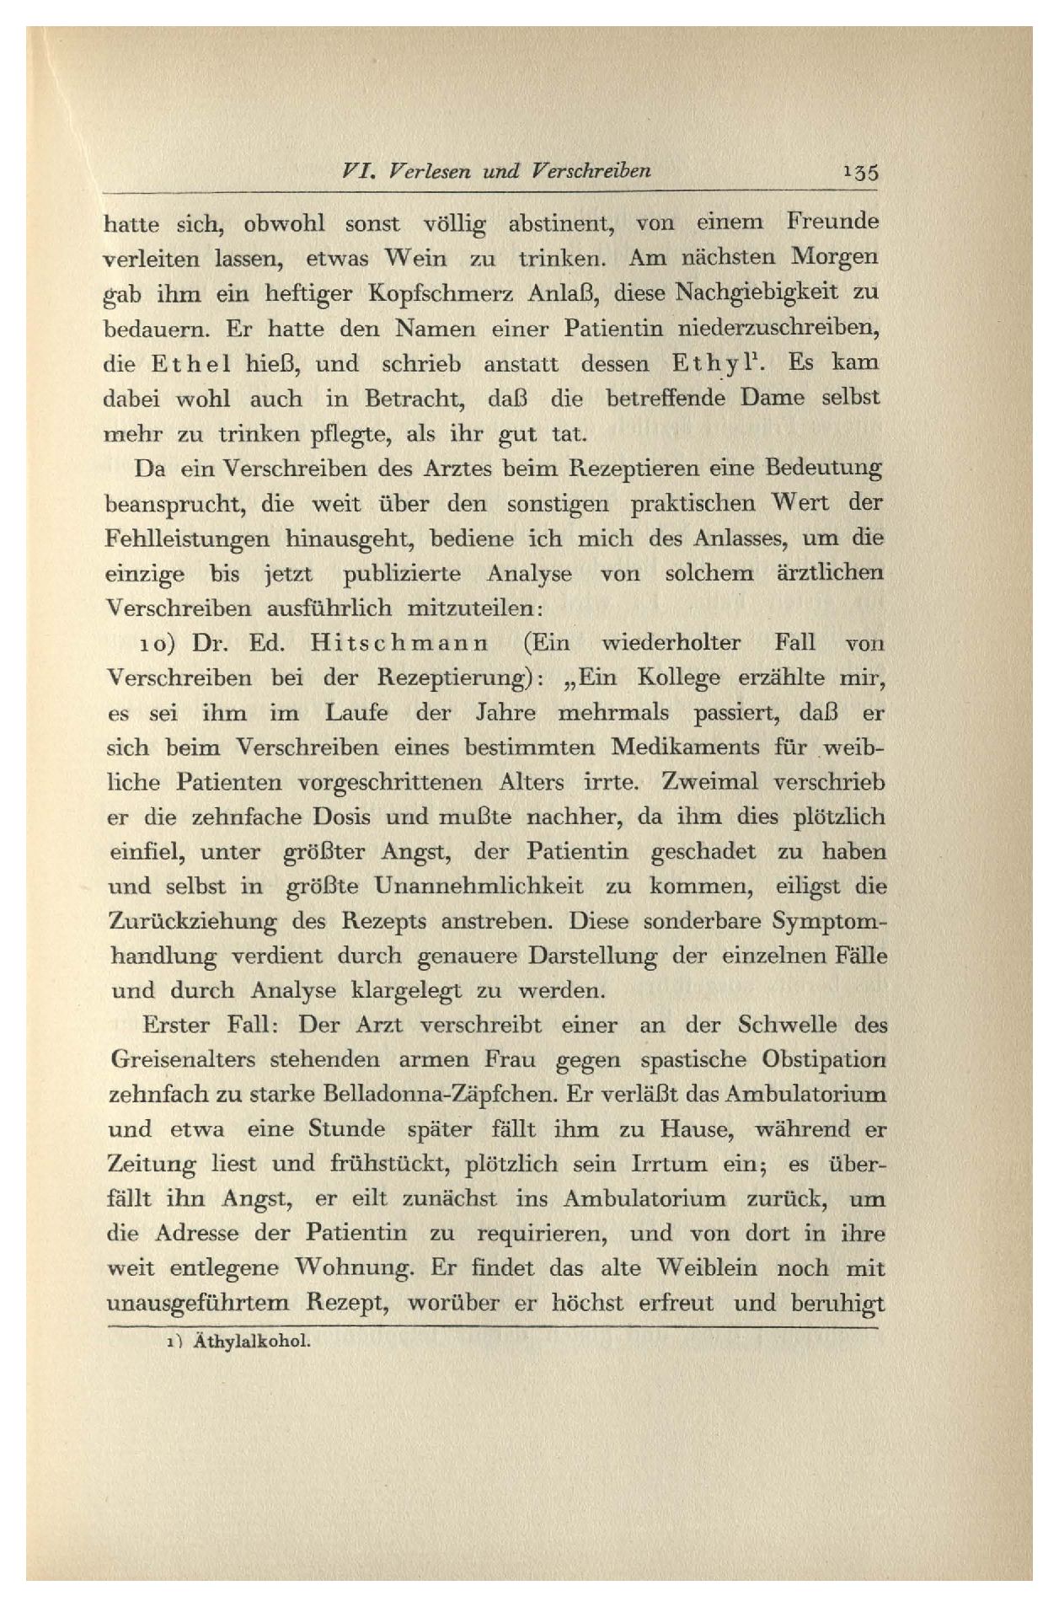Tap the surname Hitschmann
[400, 643]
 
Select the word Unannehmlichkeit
[484, 887]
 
